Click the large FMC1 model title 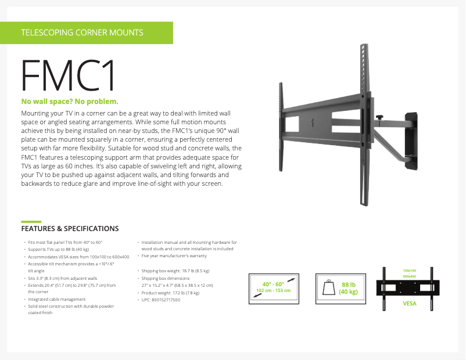69,76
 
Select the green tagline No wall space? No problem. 70,102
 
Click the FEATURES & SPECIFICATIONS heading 70,229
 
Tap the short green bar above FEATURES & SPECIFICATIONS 31,221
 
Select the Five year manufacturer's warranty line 174,255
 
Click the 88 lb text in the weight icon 348,285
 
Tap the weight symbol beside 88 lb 328,288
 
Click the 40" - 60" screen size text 273,284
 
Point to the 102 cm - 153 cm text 273,290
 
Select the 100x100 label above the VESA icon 410,271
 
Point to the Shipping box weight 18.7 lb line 176,271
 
